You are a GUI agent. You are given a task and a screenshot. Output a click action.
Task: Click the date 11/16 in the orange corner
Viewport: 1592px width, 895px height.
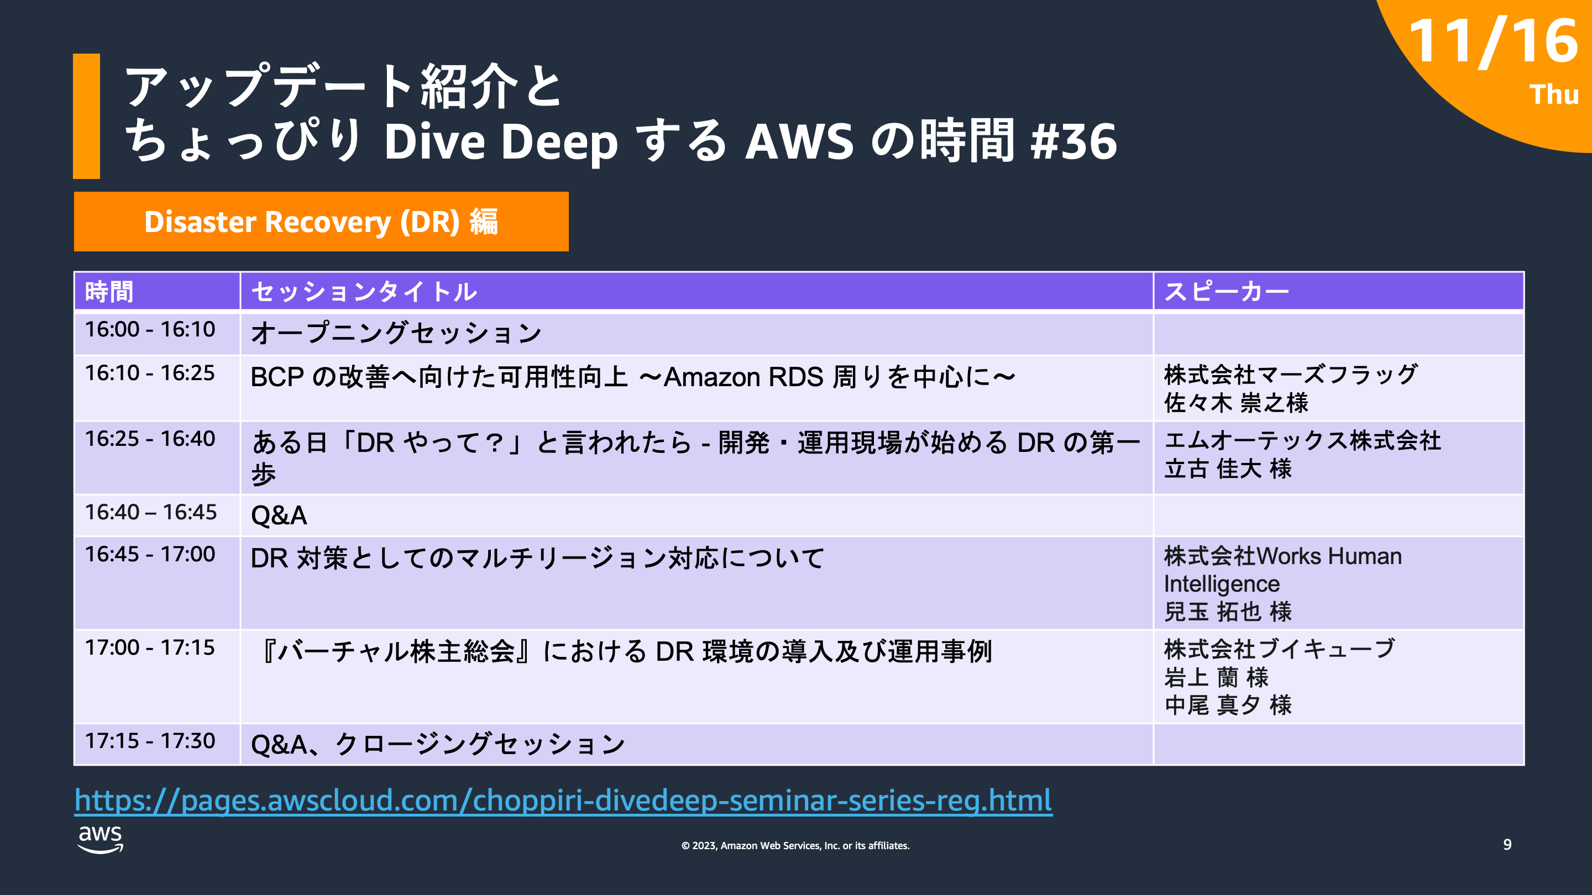coord(1492,42)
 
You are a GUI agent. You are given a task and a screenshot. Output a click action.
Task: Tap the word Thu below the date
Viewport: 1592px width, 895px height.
coord(1553,95)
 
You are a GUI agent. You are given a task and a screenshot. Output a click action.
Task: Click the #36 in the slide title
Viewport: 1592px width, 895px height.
coord(1073,141)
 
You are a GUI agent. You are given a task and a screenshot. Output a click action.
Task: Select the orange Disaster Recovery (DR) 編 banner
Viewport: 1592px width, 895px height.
coord(321,222)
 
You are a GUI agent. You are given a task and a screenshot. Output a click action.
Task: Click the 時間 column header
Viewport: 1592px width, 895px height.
coord(109,292)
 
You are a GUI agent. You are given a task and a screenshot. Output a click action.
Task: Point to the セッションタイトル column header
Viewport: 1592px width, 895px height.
coord(364,292)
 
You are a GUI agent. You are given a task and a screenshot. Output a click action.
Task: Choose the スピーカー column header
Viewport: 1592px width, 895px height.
coord(1226,292)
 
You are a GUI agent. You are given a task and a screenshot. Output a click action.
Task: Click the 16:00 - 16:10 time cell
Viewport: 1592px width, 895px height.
coord(150,330)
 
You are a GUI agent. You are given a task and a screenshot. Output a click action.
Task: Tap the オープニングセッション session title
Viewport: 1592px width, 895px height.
coord(396,334)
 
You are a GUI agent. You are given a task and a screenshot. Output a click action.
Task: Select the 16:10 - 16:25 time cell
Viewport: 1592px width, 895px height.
coord(150,373)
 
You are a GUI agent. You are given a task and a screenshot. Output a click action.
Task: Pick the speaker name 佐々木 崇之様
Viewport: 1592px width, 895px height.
coord(1236,403)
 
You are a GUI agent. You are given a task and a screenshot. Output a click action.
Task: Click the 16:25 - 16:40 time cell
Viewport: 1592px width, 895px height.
coord(150,439)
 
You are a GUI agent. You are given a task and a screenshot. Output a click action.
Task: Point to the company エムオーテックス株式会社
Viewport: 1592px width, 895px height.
coord(1302,441)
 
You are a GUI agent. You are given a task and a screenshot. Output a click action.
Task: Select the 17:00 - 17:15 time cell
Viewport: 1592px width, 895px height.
coord(150,648)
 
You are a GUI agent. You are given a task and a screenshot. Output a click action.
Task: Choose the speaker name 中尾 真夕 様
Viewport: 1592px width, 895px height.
coord(1227,705)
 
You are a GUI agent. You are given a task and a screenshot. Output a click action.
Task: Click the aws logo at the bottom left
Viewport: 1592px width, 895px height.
coord(100,839)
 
